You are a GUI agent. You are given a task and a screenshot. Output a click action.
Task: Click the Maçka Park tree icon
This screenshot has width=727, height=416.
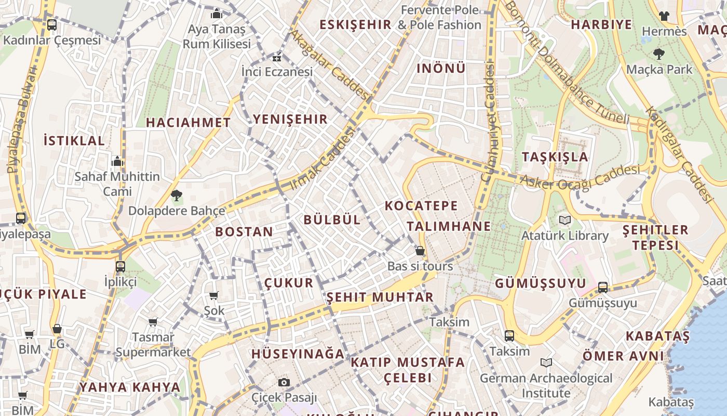tap(659, 54)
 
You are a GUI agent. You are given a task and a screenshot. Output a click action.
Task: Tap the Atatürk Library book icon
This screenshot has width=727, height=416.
tap(565, 220)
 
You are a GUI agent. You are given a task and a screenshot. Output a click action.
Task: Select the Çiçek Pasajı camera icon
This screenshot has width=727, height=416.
tap(284, 383)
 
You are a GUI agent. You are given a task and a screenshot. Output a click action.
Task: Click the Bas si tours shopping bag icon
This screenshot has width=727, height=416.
tap(420, 251)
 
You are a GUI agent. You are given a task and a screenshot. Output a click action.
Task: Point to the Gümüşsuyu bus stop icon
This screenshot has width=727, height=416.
tap(603, 288)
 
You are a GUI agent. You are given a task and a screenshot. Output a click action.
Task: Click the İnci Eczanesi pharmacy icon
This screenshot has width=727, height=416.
tap(277, 57)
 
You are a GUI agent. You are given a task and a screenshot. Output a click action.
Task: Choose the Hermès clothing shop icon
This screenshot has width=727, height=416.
tap(664, 16)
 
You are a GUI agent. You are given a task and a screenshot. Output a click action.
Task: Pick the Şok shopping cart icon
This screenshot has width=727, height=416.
tap(213, 296)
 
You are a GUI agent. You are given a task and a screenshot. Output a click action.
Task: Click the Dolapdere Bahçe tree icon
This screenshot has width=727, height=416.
tap(177, 196)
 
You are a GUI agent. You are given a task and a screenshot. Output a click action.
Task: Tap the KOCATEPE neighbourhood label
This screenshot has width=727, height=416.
tap(421, 206)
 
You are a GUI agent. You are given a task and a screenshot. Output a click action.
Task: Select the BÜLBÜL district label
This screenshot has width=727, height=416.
tap(332, 220)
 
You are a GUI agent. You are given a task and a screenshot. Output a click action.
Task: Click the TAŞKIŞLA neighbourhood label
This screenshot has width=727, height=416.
tap(555, 157)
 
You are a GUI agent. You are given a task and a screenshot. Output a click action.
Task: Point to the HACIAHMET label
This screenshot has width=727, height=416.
tap(188, 123)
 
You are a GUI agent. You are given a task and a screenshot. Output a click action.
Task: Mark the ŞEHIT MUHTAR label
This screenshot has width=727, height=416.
tap(380, 297)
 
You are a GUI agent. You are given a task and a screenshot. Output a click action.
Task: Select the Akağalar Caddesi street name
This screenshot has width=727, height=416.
tap(329, 64)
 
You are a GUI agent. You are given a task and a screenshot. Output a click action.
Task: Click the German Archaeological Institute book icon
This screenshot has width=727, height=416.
tap(546, 362)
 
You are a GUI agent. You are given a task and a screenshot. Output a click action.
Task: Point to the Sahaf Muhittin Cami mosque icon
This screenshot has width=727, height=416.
tap(118, 162)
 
